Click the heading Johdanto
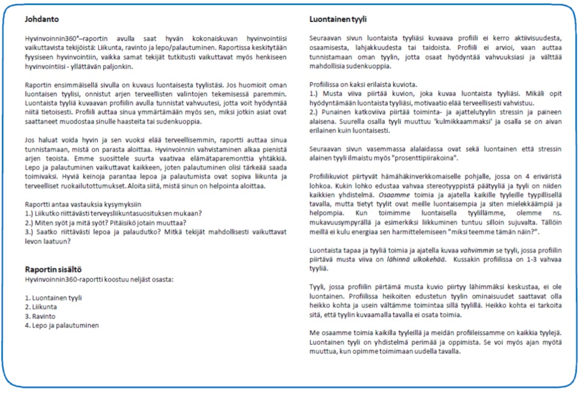point(42,20)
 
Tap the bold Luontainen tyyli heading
point(338,20)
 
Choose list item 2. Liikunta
point(42,307)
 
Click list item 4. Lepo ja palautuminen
point(61,326)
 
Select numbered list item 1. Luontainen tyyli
point(53,298)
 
